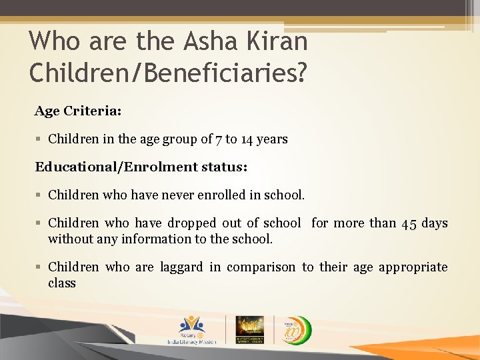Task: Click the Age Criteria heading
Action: (x=78, y=111)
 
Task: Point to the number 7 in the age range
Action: (x=219, y=139)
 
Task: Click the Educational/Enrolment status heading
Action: (x=141, y=167)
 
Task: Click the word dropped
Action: (x=192, y=223)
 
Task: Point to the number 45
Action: (x=410, y=223)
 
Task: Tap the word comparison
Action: (x=261, y=267)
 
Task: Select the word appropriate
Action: (x=413, y=267)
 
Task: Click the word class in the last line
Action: (x=62, y=283)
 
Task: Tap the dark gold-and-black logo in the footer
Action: (x=249, y=329)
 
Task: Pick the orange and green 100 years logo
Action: (x=293, y=329)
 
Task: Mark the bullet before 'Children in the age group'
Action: (x=39, y=139)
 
